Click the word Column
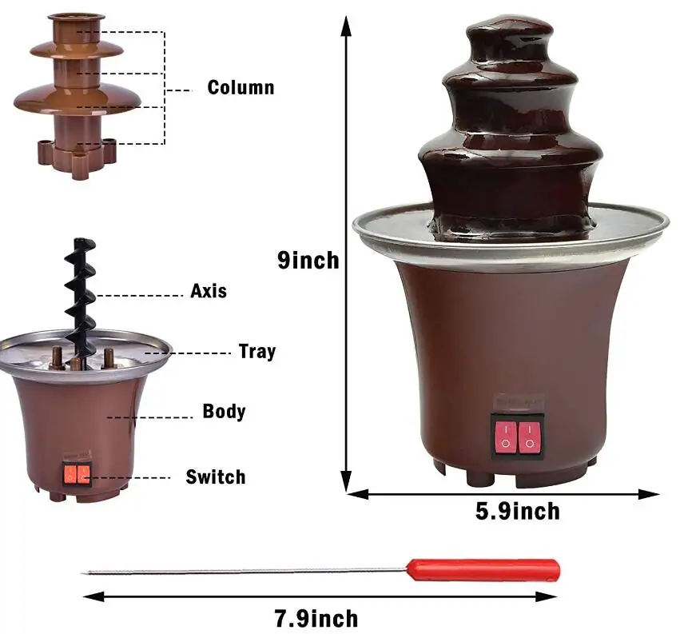click(241, 87)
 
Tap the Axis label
click(209, 291)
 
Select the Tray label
click(256, 351)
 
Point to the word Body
click(224, 412)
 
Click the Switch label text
click(216, 477)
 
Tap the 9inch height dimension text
click(308, 261)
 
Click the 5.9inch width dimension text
click(518, 511)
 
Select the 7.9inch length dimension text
click(316, 618)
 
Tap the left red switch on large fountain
click(505, 437)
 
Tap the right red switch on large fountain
click(529, 437)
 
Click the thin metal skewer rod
click(240, 571)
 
